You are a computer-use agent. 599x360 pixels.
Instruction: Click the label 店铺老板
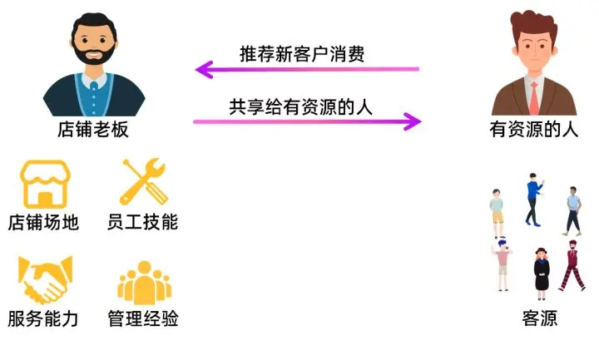coord(93,130)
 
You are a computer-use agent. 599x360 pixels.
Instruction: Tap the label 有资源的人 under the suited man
coord(533,129)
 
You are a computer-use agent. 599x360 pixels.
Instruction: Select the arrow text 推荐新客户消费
coord(302,54)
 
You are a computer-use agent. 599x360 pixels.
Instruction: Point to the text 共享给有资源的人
coord(300,106)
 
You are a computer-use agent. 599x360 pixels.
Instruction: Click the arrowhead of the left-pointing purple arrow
coord(203,70)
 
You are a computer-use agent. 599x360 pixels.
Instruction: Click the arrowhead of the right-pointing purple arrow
coord(413,121)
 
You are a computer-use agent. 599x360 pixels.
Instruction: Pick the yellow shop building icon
coord(45,184)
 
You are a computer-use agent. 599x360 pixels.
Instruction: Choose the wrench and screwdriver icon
coord(144,182)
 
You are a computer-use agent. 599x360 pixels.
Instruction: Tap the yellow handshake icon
coord(45,280)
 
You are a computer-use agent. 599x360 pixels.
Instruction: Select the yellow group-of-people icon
coord(145,283)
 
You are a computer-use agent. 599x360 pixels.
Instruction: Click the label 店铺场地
coord(43,222)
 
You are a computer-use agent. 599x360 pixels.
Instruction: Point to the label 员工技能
coord(142,222)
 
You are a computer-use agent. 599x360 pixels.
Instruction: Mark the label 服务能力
coord(43,318)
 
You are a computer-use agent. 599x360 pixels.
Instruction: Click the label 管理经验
coord(143,318)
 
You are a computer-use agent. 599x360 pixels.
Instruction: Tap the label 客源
coord(539,318)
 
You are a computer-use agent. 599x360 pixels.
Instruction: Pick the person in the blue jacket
coord(534,200)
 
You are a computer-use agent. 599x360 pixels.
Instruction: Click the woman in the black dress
coord(542,274)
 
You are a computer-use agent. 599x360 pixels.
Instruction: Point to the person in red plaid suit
coord(572,266)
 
